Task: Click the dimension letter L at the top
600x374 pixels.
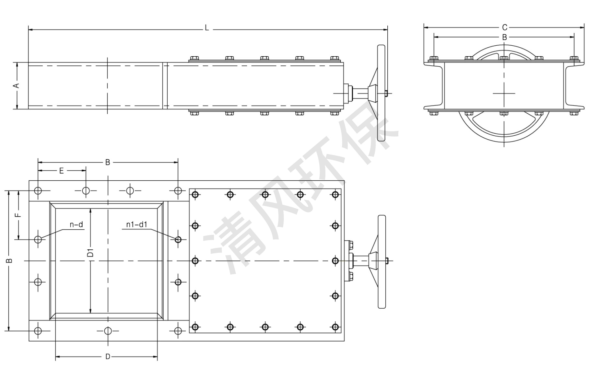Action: tap(207, 28)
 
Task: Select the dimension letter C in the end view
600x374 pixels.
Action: tap(504, 28)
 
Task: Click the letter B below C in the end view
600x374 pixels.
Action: tap(504, 37)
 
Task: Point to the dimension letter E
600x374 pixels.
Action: tap(62, 171)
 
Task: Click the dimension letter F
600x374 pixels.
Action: tap(18, 215)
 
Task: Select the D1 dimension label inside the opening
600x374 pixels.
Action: tap(91, 253)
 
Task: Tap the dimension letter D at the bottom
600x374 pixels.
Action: tap(108, 357)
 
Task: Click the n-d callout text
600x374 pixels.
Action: tap(76, 225)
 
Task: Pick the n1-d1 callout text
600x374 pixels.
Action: tap(137, 225)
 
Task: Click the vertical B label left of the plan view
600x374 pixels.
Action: tap(10, 261)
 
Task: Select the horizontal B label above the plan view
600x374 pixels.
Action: tap(108, 162)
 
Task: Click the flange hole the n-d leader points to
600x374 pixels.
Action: tap(38, 239)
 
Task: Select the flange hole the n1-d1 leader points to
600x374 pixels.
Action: tap(178, 239)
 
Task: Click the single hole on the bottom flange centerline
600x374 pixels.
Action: tap(108, 331)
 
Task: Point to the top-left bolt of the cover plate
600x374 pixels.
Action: tap(195, 195)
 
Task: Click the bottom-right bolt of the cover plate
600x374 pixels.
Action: tap(335, 327)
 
